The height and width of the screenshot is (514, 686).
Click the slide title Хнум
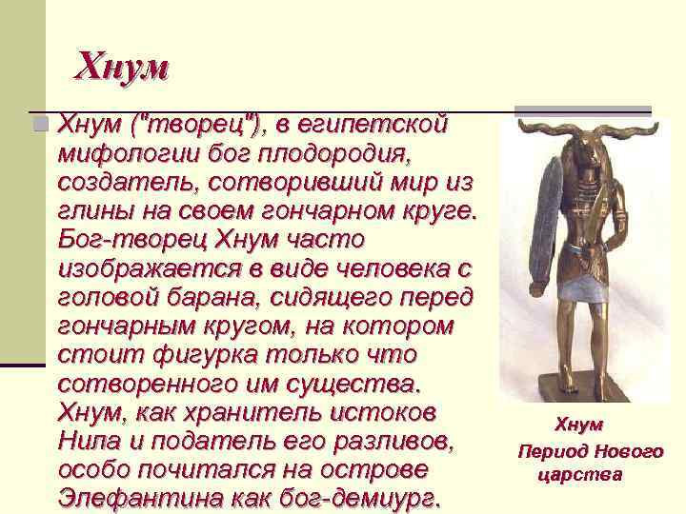[x=121, y=66]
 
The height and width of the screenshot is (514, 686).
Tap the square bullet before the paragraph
[x=38, y=125]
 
